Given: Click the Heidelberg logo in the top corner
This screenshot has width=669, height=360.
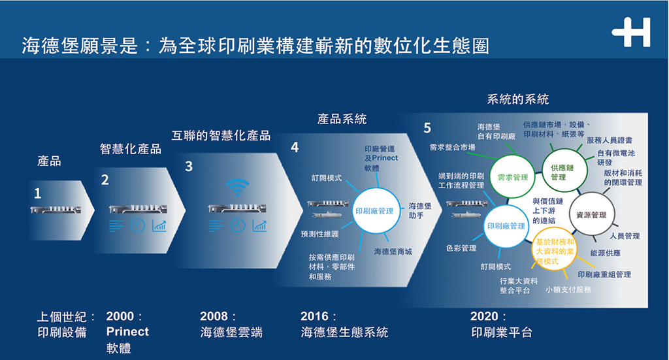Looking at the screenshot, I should pos(631,33).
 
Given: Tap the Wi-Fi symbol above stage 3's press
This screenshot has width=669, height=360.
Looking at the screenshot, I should pos(237,187).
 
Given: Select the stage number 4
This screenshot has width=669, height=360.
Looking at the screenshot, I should pos(295,148).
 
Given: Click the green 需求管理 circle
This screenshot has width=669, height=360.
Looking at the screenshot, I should pos(512,176).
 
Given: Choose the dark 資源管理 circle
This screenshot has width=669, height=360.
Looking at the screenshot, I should pos(590,214).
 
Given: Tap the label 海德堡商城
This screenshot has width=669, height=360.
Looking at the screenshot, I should pos(393,251).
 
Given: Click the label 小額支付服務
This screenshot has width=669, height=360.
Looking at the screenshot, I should pos(568,289).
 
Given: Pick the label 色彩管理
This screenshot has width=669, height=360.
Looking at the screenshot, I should pos(461,248).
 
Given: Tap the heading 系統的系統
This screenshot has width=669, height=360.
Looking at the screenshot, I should pos(518,99).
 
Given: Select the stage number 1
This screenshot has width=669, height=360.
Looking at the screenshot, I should pos(37,193).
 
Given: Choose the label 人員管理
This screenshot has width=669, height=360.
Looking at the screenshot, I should pos(625,236).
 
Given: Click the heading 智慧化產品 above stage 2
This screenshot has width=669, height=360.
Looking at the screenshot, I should pos(130,149).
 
